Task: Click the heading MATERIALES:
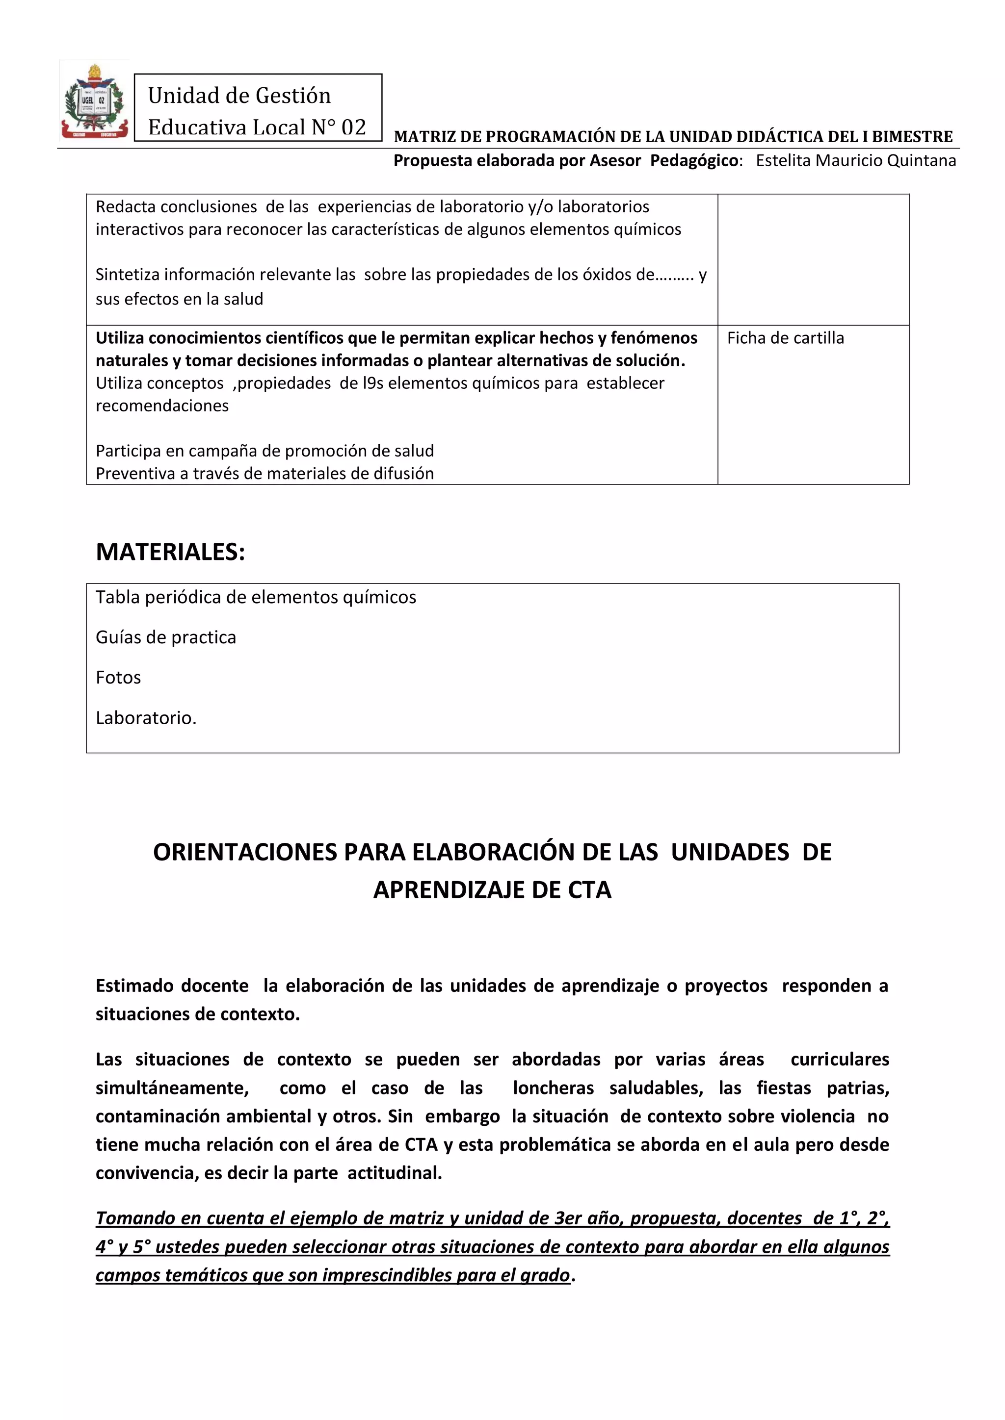coord(170,552)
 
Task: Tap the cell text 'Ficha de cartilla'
coord(785,338)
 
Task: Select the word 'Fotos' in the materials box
coord(118,677)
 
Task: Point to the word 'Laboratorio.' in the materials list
coord(146,717)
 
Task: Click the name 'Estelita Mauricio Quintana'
coord(856,160)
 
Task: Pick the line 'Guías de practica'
coord(166,637)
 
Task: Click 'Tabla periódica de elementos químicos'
coord(256,597)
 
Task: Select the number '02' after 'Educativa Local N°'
coord(353,127)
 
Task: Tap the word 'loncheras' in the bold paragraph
coord(553,1088)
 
